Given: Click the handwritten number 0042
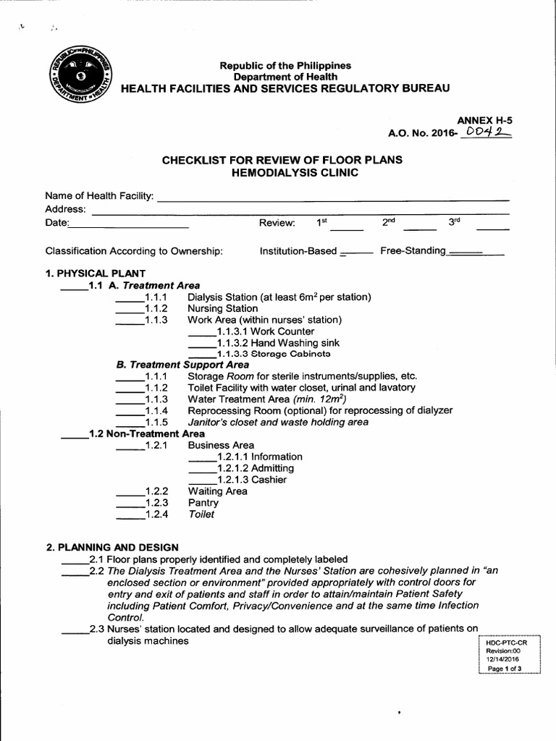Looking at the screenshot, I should [x=487, y=132].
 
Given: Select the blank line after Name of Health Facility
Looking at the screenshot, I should [x=333, y=198].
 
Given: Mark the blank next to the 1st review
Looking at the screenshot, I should [x=347, y=227].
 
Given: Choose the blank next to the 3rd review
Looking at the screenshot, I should [x=492, y=227].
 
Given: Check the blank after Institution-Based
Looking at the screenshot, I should [x=355, y=254].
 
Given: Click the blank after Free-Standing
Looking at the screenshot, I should [x=475, y=254].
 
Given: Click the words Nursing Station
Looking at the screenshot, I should [x=222, y=308].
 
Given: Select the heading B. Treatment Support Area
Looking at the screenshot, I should [x=182, y=365].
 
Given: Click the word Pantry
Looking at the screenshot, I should [x=203, y=503].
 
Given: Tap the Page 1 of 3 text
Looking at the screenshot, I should [x=505, y=669].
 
